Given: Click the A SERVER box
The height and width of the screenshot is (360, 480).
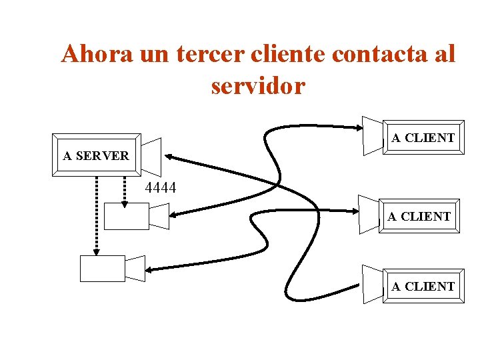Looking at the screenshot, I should (96, 155).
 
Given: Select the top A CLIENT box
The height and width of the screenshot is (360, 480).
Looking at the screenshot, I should (423, 138).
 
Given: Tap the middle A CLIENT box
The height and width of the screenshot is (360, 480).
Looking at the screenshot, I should (419, 216).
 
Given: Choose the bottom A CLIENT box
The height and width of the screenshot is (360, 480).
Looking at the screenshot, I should (423, 286).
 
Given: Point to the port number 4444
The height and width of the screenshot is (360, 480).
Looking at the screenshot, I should (160, 189).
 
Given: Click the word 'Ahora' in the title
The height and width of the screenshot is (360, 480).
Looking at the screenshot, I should (98, 54).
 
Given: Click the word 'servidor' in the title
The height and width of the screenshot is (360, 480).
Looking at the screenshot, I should (258, 85).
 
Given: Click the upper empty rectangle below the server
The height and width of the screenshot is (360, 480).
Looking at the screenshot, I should (127, 216).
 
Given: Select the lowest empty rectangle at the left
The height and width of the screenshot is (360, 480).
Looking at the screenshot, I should (102, 268).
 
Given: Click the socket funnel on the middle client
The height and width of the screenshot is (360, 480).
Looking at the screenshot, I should (368, 213).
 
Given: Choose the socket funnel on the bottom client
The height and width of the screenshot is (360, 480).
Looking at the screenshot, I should (373, 284).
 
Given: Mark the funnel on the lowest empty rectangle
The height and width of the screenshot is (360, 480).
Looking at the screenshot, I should (135, 268).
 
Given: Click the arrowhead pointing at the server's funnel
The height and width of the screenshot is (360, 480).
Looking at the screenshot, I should (168, 157).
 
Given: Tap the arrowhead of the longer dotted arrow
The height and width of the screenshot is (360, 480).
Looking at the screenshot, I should (97, 251).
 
